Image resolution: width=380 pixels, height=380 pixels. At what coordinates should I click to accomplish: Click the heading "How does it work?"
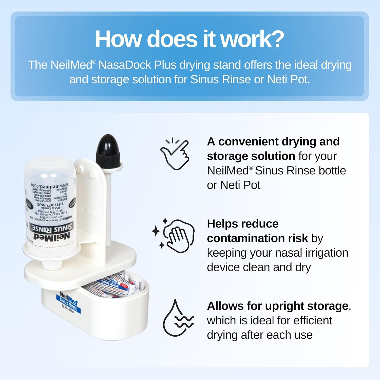point(189,39)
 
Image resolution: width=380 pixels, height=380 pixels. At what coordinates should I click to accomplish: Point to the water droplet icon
point(177,318)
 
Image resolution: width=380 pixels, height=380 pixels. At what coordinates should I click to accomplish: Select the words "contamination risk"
point(257,238)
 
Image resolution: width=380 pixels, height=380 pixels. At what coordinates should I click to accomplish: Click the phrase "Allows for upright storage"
point(278,306)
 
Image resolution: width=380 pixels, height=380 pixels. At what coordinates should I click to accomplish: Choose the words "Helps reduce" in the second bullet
point(242,224)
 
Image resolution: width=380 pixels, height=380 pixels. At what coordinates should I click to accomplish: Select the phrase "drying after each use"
point(259,335)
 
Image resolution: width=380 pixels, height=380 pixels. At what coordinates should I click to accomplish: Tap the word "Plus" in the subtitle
point(165,65)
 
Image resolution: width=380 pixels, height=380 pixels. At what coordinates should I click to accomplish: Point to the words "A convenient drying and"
point(273,142)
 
